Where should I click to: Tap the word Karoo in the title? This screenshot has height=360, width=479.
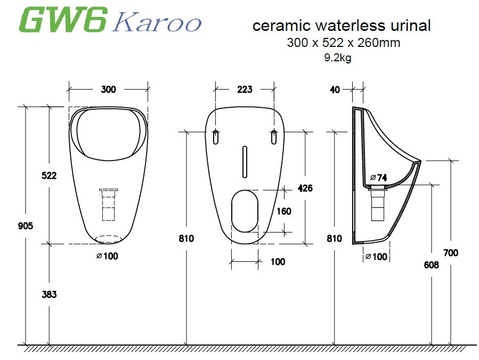(158, 23)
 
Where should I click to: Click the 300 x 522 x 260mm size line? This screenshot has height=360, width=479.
(343, 43)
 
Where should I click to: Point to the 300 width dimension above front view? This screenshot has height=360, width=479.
(108, 89)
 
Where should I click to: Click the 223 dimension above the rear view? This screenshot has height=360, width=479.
(245, 89)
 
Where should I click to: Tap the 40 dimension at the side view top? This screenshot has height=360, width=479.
(335, 90)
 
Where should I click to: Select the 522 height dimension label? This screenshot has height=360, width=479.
(49, 175)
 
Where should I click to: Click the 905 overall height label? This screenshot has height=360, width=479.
(25, 226)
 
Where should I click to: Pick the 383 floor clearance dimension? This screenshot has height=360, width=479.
(49, 294)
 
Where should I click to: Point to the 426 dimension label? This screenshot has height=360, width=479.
(305, 188)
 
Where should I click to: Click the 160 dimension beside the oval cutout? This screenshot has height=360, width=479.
(283, 211)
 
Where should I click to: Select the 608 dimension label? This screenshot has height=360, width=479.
(431, 265)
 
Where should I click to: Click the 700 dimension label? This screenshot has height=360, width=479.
(451, 253)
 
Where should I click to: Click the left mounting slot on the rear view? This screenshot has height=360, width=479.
(215, 137)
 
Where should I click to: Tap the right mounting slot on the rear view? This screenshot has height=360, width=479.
(274, 137)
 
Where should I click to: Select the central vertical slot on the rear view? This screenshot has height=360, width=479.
(245, 161)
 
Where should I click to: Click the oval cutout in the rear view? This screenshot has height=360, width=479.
(245, 211)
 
